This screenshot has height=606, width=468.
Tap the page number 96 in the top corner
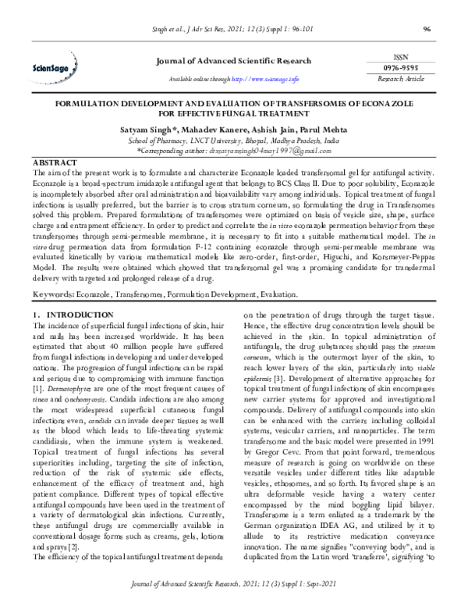click(427, 30)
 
